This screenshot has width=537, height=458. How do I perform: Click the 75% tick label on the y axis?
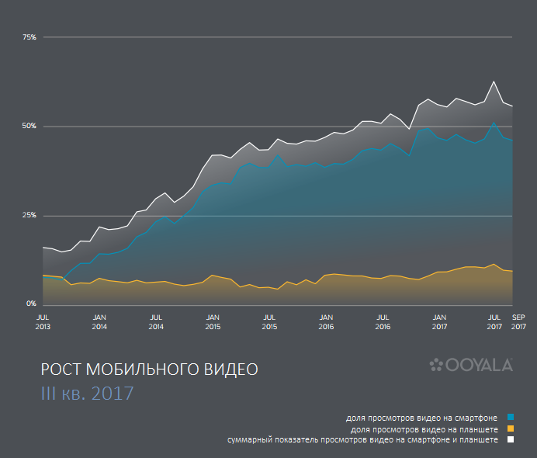(x=29, y=36)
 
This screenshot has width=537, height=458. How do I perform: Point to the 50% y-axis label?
(x=29, y=126)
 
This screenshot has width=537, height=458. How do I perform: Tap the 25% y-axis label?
(x=29, y=215)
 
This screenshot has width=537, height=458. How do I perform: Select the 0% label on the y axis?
(x=32, y=304)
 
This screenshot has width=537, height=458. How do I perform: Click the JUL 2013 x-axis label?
(x=43, y=322)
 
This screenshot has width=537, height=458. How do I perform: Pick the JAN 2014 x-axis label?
(x=99, y=322)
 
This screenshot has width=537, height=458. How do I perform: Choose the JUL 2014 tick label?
(x=156, y=322)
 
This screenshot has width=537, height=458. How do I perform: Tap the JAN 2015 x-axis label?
(x=213, y=322)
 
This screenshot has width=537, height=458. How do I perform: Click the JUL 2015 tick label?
(x=269, y=322)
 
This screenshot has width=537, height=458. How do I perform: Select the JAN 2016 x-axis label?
(x=326, y=322)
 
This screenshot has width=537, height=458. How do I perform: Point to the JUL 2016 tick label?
(x=383, y=322)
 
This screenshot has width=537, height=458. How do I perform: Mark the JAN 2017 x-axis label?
(x=439, y=322)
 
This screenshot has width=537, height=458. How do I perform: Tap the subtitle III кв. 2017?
(x=87, y=393)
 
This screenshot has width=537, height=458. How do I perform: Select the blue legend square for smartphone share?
(x=510, y=418)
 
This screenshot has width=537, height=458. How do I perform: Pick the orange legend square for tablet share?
(x=510, y=429)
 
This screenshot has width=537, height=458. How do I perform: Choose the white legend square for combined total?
(x=510, y=439)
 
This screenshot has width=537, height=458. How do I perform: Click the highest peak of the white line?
(x=494, y=82)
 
